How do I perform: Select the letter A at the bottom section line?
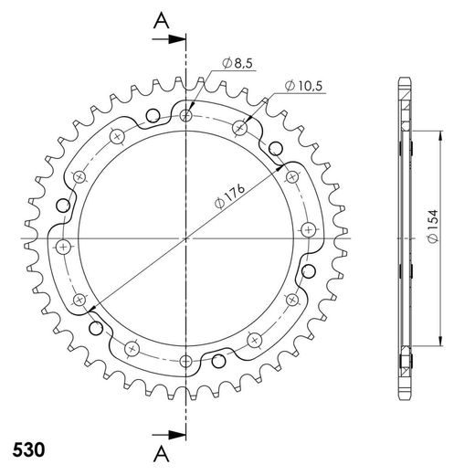tap(161, 453)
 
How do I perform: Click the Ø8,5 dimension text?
tap(238, 63)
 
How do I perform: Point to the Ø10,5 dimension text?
tap(302, 85)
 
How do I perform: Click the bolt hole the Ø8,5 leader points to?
tap(186, 116)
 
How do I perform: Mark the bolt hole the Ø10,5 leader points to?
tap(239, 126)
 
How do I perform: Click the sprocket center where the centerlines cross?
tap(186, 239)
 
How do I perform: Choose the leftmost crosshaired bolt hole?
tap(62, 247)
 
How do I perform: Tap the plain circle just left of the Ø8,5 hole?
tap(153, 113)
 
